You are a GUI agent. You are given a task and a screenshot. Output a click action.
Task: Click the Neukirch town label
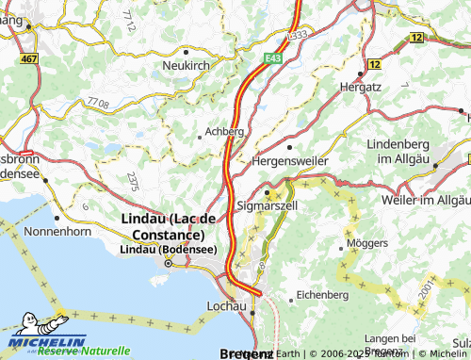(187, 65)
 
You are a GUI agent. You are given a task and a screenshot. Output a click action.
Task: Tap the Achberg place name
(225, 132)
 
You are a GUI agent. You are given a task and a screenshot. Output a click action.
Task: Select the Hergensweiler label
(287, 162)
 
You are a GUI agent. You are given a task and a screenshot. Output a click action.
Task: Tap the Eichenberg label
(323, 295)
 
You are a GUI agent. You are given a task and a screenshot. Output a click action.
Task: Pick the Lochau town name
(225, 306)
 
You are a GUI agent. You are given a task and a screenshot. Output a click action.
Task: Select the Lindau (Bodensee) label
(169, 250)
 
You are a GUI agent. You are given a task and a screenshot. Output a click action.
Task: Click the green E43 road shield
(273, 57)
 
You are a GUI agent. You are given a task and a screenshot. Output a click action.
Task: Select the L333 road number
(297, 34)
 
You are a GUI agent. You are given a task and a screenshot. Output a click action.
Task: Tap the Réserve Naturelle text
(84, 351)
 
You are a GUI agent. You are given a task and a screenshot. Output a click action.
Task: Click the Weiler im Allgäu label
(426, 200)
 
